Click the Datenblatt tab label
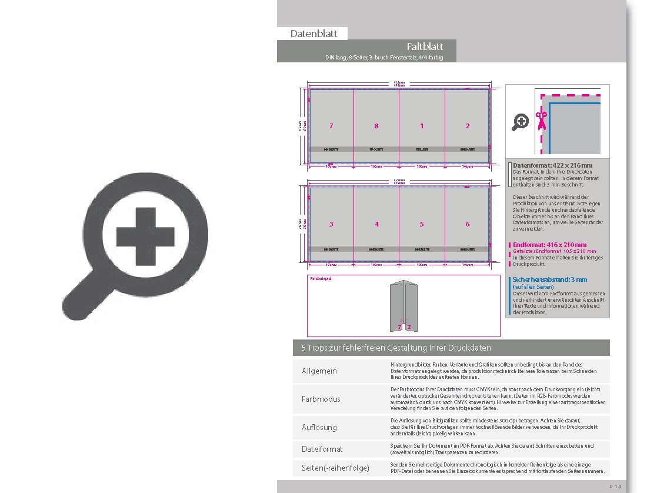coord(314,34)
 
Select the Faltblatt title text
coord(424,46)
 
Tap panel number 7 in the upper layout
coord(331,126)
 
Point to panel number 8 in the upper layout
coord(376,126)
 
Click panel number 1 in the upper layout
coord(422,126)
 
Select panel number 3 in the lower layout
coord(331,224)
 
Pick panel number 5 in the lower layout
coord(422,224)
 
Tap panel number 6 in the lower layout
coord(468,224)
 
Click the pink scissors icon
coord(540,121)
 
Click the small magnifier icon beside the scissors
coord(521,122)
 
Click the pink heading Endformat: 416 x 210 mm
coord(549,245)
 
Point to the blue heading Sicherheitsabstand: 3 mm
coord(550,279)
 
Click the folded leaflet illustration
coord(403,306)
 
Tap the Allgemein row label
coord(319,371)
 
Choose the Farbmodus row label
coord(321,399)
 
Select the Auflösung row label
coord(319,427)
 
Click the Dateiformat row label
coord(322,449)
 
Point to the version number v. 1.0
coord(615,487)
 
